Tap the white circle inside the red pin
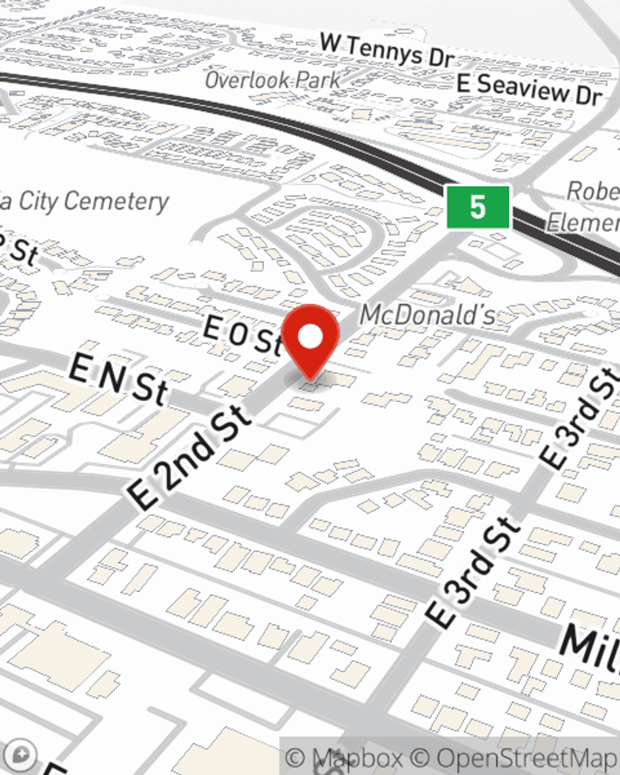pos(311,337)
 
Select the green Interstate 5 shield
pos(478,206)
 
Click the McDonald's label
pos(427,315)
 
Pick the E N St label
pos(118,378)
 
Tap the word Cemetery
pos(116,201)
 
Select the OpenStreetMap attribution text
pos(527,758)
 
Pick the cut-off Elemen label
pos(583,221)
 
